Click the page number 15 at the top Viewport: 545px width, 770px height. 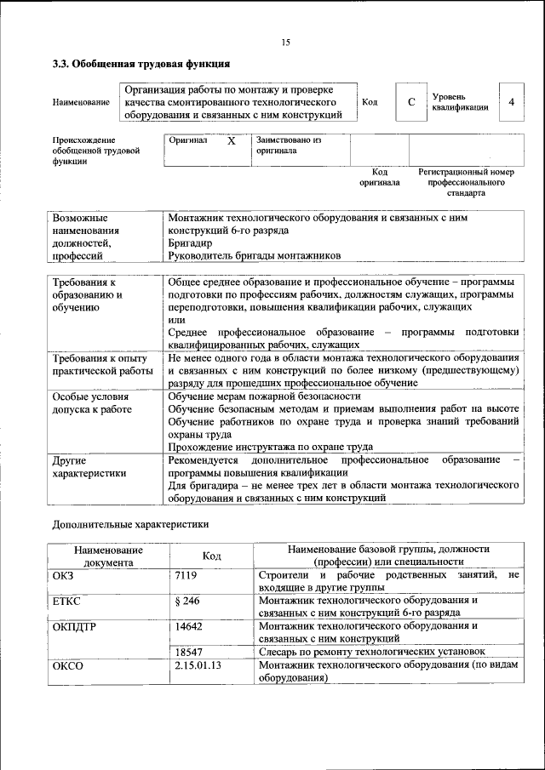[286, 43]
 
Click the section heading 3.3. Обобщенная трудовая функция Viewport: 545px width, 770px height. [141, 64]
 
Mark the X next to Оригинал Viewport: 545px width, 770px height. [231, 142]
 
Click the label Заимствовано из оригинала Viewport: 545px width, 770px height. [289, 145]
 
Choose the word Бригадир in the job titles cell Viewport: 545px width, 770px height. [190, 242]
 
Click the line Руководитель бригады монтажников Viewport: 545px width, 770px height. [254, 254]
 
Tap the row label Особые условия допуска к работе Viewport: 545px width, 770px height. [92, 402]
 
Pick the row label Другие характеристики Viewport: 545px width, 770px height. [89, 466]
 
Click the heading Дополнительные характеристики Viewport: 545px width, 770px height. [130, 524]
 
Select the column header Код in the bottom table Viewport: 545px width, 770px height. [211, 556]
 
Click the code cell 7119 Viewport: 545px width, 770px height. [186, 576]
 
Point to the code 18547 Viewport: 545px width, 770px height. [188, 651]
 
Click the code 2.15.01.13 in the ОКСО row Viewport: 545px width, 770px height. [198, 664]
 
